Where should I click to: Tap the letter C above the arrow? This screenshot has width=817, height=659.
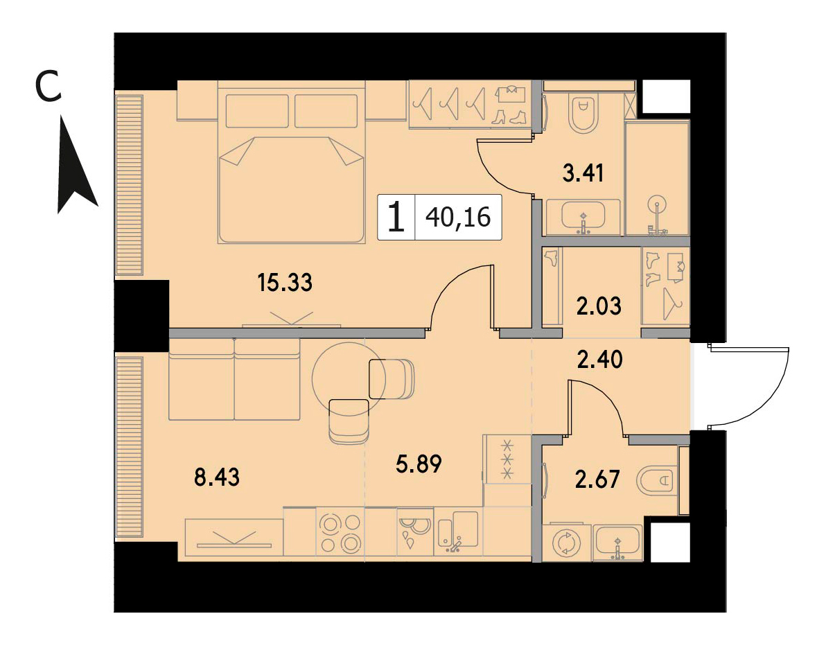pos(49,87)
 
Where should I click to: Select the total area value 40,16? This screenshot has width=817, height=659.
pos(458,217)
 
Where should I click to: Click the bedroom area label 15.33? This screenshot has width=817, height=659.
pos(285,283)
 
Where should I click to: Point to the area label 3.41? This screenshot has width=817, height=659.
pos(583,173)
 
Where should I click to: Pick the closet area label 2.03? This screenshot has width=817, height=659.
pos(599,306)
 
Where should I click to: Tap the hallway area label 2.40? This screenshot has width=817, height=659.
pos(599,360)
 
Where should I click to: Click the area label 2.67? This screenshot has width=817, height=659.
pos(597,480)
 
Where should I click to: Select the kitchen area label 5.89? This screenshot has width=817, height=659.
pos(419,463)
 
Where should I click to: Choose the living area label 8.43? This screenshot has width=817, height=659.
pos(217,477)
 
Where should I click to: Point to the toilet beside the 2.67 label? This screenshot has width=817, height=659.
pos(659,479)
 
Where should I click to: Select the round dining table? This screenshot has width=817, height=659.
pos(348,378)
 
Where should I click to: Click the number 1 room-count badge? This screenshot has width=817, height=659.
pos(396,217)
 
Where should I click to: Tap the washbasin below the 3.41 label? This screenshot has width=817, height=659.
pos(583,216)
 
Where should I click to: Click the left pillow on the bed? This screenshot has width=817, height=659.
pos(257,111)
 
